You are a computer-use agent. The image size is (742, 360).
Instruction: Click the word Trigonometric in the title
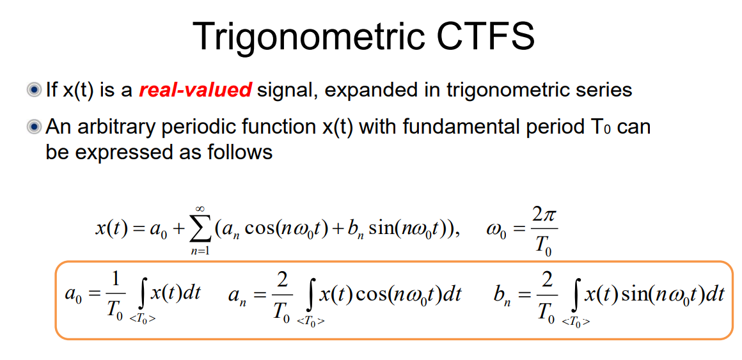[306, 36]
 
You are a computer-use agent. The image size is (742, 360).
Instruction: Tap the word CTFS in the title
[486, 36]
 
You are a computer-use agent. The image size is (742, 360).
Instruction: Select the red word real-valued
[195, 90]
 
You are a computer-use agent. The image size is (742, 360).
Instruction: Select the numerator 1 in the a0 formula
[114, 281]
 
